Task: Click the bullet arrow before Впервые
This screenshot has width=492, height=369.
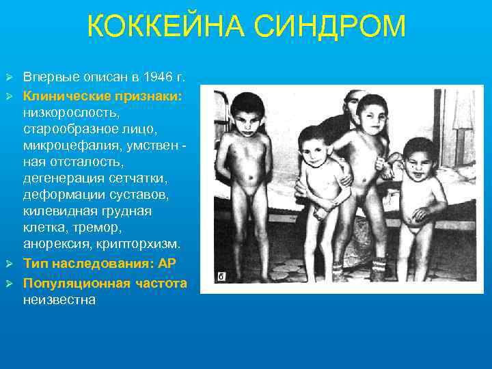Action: pos(10,75)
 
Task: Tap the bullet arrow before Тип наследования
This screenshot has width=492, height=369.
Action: pos(10,263)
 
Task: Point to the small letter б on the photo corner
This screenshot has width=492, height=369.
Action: pos(221,277)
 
